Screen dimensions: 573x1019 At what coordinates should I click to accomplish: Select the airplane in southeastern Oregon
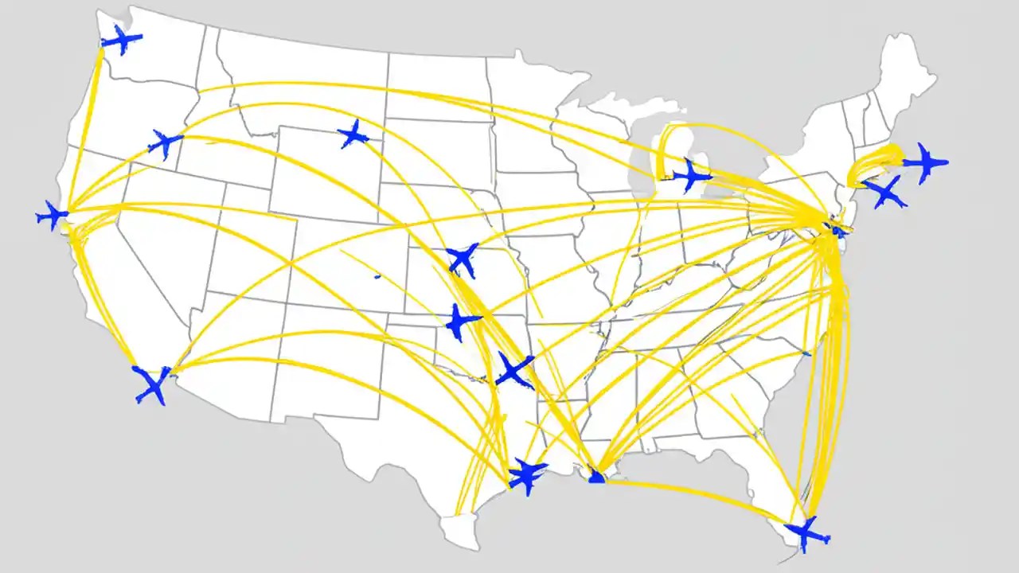click(x=166, y=143)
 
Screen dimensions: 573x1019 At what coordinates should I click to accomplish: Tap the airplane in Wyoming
click(x=353, y=134)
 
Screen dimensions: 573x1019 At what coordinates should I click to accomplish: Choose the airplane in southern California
click(x=151, y=384)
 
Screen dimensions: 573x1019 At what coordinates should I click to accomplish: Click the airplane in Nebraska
click(x=463, y=259)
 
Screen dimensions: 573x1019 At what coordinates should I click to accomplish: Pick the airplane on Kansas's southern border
click(x=460, y=322)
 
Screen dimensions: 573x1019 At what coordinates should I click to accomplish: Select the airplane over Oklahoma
click(x=514, y=371)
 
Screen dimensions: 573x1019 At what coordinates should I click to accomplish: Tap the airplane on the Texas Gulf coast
click(x=527, y=475)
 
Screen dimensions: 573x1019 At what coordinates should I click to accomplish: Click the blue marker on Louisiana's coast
click(x=596, y=477)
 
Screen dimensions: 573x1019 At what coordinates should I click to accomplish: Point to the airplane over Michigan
click(x=691, y=175)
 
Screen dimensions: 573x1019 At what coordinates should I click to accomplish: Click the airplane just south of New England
click(x=884, y=192)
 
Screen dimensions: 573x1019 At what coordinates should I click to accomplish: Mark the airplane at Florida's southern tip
click(x=806, y=533)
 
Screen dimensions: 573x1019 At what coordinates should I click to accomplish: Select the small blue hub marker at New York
click(x=836, y=230)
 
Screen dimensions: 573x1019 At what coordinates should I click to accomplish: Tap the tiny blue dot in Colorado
click(x=377, y=276)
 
